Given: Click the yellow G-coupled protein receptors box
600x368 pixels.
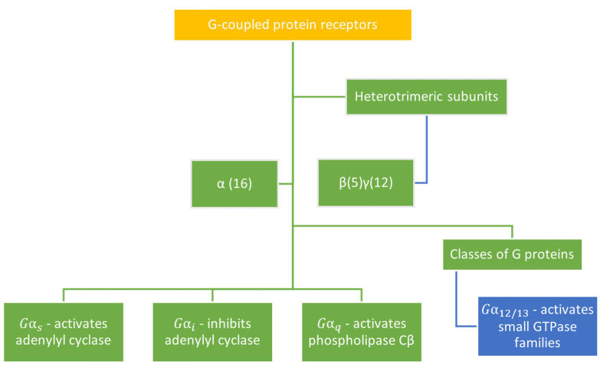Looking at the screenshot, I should pyautogui.click(x=293, y=25).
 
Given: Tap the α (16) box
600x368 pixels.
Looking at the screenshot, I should pyautogui.click(x=235, y=184).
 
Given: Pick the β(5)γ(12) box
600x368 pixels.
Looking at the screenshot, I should pyautogui.click(x=366, y=184).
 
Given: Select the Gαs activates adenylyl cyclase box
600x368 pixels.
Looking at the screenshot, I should pyautogui.click(x=63, y=333).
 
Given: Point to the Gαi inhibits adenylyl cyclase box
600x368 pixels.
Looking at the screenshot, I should pyautogui.click(x=212, y=333).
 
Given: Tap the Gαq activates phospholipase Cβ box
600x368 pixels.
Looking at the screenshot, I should pyautogui.click(x=361, y=333).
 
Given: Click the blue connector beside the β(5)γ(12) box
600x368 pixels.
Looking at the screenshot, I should pyautogui.click(x=426, y=153).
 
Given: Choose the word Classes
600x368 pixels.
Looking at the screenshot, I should pyautogui.click(x=473, y=254).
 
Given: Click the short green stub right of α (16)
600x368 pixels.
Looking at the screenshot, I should pyautogui.click(x=286, y=184).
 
